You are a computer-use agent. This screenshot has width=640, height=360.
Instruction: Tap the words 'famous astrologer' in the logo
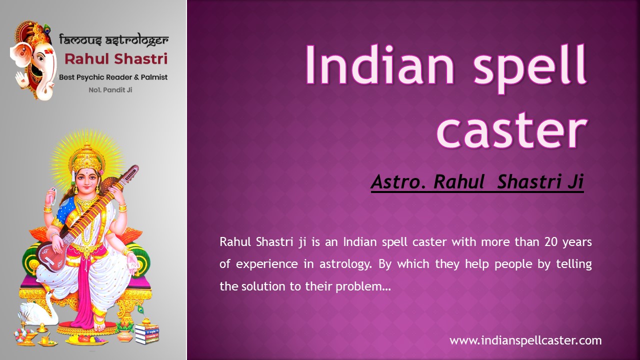(113, 39)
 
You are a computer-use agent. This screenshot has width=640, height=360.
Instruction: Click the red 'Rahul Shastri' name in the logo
(116, 59)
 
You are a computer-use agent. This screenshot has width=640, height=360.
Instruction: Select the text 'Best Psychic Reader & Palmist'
(113, 77)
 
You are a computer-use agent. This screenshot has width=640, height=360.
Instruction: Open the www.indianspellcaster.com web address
(525, 341)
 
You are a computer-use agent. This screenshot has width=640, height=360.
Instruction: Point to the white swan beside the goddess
(40, 310)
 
